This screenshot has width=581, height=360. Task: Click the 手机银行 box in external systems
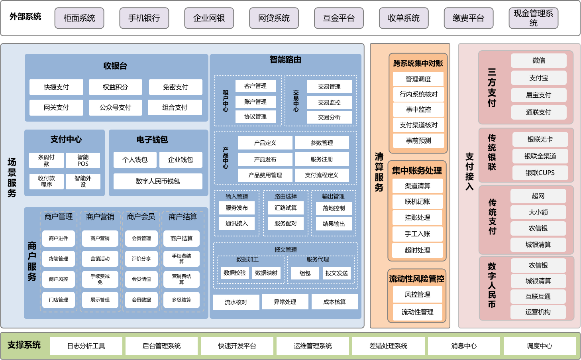point(144,18)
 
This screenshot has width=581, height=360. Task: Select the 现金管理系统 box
point(533,18)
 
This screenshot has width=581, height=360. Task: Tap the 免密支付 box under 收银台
point(175,87)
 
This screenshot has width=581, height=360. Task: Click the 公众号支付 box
point(116,108)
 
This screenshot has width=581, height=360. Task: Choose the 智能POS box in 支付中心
point(83,160)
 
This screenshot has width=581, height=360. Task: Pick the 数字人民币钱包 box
point(158,181)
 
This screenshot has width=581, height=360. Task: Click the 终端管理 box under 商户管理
point(58,259)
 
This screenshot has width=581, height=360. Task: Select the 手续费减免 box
point(100,279)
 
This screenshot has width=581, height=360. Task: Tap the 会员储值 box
point(141,279)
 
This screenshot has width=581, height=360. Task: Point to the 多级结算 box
point(181,300)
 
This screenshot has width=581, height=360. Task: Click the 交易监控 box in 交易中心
point(330,102)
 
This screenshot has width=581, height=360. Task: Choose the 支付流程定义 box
point(322,175)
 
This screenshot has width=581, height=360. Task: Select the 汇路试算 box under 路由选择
point(286,208)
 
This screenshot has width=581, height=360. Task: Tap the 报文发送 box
point(337,273)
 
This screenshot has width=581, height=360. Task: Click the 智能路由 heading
point(285,60)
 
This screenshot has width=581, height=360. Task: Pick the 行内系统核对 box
point(418,94)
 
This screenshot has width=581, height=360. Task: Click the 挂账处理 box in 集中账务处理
point(417,218)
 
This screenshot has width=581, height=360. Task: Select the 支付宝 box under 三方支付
point(539,78)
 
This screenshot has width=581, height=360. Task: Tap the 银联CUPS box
point(540,173)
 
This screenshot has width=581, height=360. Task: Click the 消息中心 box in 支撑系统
point(464,346)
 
